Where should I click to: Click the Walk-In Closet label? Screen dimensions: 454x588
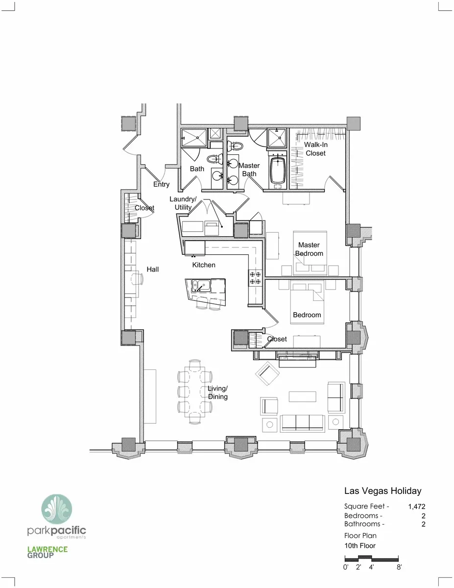315,149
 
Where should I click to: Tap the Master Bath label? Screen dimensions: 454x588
249,170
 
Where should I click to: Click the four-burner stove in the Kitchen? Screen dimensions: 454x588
255,278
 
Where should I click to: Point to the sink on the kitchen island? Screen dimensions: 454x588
201,286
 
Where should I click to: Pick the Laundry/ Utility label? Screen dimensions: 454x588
183,203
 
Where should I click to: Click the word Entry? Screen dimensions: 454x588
162,184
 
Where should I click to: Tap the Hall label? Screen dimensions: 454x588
152,269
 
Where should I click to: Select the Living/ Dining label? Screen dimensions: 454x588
217,392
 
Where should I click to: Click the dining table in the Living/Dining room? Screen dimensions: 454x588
195,392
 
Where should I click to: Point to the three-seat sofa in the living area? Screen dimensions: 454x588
303,423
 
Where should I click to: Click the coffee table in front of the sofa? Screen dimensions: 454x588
302,397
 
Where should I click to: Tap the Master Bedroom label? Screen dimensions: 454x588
309,249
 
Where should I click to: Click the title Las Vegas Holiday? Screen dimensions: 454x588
383,491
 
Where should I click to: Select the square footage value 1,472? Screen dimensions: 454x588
417,507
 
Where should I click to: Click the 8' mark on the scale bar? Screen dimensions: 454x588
399,567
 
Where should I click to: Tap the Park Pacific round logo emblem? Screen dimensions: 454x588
57,509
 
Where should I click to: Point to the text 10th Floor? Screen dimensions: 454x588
360,546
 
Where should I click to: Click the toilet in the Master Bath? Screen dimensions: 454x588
235,147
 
